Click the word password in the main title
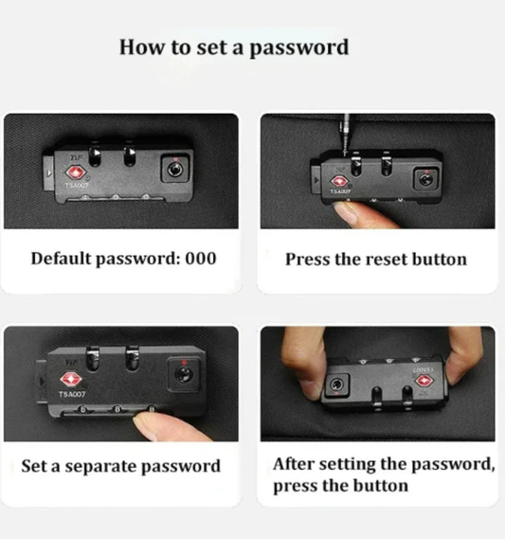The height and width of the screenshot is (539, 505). click(x=298, y=47)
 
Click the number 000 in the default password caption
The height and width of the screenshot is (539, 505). click(x=201, y=259)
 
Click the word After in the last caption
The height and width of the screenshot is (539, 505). click(x=294, y=464)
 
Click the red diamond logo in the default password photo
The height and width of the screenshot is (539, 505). click(x=75, y=171)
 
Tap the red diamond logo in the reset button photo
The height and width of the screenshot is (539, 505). click(x=339, y=181)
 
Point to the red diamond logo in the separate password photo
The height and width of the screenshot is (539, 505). click(x=70, y=379)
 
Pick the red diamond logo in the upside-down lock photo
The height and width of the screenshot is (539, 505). click(x=424, y=381)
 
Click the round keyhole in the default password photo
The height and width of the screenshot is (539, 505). click(x=175, y=170)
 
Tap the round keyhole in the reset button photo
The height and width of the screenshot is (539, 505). click(x=425, y=179)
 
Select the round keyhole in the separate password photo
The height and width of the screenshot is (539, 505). click(x=184, y=373)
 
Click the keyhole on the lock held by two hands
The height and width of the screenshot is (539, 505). click(x=336, y=384)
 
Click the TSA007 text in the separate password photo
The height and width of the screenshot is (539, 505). click(x=71, y=394)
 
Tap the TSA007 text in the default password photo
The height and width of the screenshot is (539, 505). click(x=77, y=186)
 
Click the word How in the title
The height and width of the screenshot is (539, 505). click(x=141, y=46)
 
